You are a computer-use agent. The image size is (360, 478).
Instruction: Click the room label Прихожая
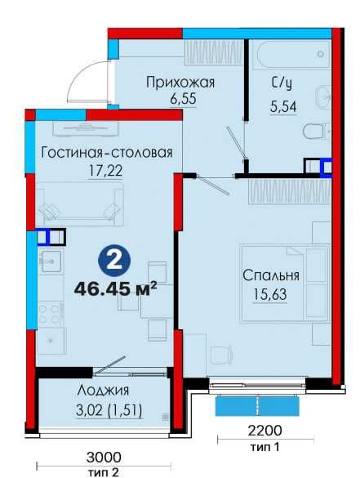180,81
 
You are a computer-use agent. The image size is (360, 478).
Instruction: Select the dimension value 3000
103,458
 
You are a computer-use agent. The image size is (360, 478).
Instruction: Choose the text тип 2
103,471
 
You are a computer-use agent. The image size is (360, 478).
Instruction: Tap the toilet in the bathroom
313,131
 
